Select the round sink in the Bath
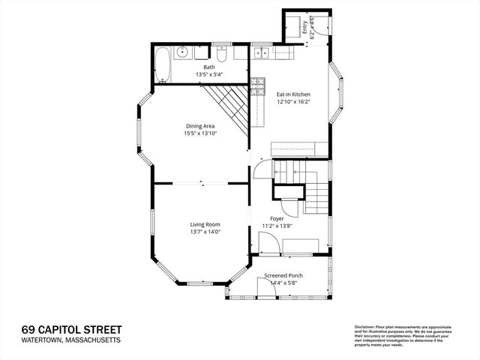(182, 52)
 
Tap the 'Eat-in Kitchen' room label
(293, 94)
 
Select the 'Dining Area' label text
(200, 125)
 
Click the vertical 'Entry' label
(304, 28)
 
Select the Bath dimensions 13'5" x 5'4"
(209, 74)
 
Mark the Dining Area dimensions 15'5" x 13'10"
(200, 133)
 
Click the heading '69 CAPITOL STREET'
(71, 329)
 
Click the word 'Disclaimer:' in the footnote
(365, 327)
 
